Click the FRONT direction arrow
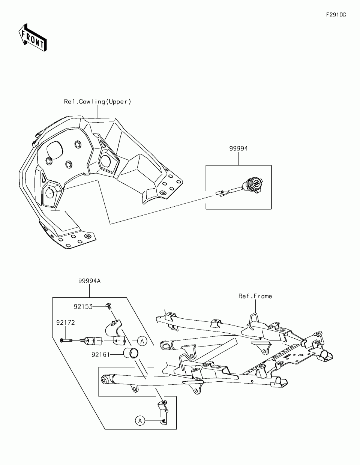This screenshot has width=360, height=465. pos(33,37)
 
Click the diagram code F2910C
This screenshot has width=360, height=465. pos(336,15)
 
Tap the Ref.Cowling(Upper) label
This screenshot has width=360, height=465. pos(97,102)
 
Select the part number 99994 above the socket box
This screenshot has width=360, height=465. pos(238,148)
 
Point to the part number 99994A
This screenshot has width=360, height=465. pos(89,281)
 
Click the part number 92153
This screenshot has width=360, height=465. pos(83,307)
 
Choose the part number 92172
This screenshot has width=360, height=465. pos(66,322)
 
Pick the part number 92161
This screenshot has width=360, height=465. pos(101,355)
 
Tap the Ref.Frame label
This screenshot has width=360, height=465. pos(255,296)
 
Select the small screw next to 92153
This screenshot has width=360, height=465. pos(109,306)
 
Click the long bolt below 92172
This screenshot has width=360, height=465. pos(66,340)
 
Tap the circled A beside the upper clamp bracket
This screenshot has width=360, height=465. pos(142,341)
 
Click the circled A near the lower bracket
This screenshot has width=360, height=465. pos(140,421)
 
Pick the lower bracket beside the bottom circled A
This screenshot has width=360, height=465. pos(163,413)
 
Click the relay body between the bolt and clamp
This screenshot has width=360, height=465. pos(92,340)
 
